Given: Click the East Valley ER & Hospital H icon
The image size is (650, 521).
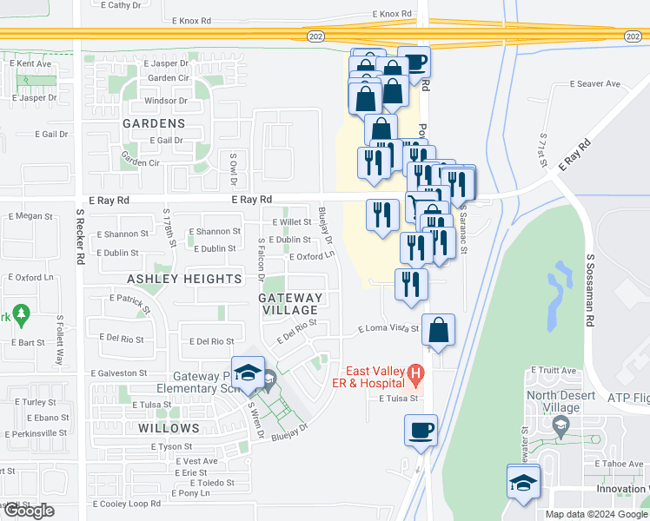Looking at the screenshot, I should pos(415,375).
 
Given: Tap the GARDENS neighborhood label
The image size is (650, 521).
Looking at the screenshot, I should pos(154,123).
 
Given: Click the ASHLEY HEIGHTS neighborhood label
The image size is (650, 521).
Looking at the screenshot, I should pos(184,279).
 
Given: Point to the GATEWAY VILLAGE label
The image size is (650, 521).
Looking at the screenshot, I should pos(290,304).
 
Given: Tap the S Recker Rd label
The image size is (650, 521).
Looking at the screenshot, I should pos(79,236).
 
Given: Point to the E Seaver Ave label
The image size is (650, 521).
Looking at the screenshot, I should pos(595,84).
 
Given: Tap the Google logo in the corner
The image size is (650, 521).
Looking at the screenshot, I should pos(28,511).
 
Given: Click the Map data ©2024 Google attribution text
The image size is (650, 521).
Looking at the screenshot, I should pos(596,514).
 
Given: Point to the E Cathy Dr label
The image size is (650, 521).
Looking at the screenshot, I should pos(121,5).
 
